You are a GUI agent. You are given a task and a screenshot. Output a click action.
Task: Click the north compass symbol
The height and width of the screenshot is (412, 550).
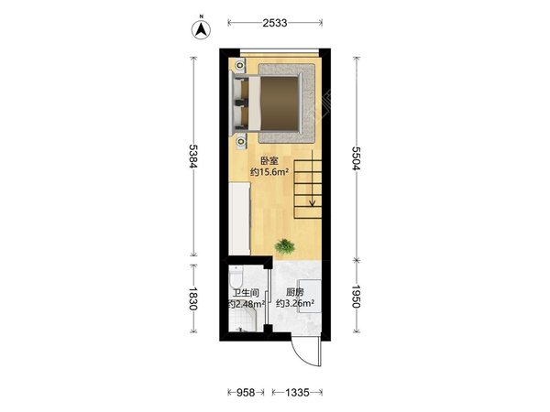(201, 29)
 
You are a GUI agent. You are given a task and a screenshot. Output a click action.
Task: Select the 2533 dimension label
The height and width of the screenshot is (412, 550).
(275, 23)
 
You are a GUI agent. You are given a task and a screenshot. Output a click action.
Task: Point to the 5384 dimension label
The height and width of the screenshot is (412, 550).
(193, 157)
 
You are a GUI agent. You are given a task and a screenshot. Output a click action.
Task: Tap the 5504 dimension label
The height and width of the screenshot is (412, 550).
(357, 158)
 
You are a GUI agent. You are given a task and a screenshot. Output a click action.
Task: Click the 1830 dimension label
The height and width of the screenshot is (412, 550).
(193, 298)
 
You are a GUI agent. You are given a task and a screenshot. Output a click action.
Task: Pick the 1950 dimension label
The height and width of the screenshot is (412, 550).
(357, 297)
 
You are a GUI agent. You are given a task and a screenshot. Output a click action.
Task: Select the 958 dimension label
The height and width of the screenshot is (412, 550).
(246, 393)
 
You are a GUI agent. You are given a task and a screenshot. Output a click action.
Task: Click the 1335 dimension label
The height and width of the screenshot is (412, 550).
(297, 393)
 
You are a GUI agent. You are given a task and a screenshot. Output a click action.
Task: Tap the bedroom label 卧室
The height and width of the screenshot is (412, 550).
(269, 161)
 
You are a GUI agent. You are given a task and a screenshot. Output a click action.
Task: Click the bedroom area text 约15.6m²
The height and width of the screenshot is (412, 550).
(269, 172)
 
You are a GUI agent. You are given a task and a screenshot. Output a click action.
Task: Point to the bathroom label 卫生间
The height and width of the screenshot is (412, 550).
(246, 293)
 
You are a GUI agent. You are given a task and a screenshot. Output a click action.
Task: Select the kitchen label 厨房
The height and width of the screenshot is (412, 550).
(294, 292)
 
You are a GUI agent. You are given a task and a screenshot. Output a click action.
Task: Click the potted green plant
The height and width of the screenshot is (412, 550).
(284, 246)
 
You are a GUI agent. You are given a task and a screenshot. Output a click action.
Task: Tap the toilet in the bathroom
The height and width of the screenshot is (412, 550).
(236, 276)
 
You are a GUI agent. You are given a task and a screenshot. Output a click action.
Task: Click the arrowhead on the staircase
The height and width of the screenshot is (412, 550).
(313, 202)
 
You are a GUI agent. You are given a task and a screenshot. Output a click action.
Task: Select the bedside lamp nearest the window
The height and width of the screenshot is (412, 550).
(240, 65)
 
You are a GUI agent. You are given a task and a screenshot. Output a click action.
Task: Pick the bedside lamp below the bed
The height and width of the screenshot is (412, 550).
(240, 142)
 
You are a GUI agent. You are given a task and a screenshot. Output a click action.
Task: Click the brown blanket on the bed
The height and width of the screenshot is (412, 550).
(280, 103)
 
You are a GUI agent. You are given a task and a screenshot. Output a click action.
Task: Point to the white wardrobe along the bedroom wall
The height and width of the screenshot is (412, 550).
(239, 219)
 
